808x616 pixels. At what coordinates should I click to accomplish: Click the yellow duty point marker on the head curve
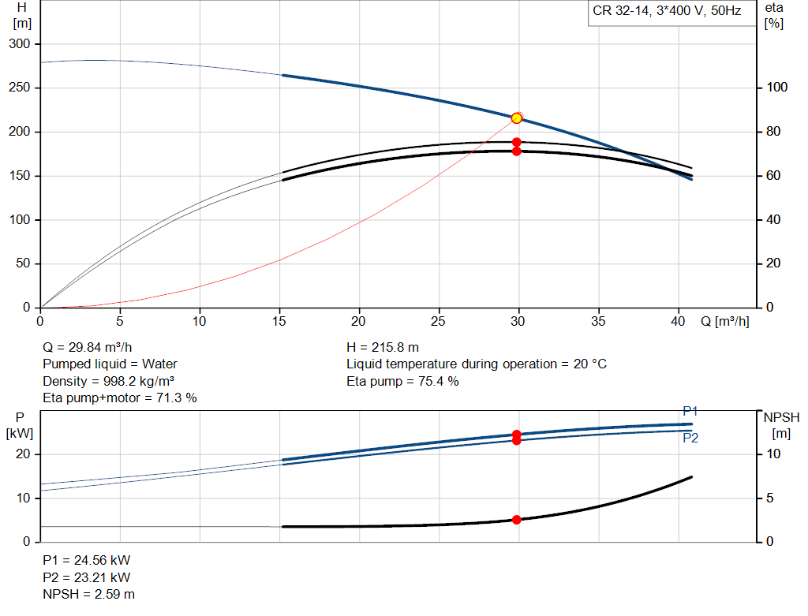(x=516, y=118)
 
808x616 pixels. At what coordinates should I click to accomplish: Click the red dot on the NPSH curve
(x=516, y=520)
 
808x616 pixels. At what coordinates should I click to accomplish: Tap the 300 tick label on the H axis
(x=20, y=44)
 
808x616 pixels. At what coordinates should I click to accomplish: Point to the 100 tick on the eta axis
(x=776, y=87)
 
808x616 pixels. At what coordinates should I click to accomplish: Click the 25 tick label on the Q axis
(x=438, y=321)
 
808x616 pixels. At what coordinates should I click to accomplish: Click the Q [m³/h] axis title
(x=724, y=321)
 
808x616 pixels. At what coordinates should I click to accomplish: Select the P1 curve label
(x=690, y=411)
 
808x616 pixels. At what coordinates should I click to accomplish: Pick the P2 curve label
(x=690, y=438)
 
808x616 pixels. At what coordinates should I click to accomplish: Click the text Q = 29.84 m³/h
(x=87, y=347)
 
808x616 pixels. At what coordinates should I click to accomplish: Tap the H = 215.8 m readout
(x=383, y=347)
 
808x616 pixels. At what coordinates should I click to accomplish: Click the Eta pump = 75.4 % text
(x=402, y=381)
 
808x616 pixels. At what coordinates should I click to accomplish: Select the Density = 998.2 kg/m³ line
(x=108, y=381)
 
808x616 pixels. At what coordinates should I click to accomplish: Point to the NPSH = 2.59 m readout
(x=88, y=594)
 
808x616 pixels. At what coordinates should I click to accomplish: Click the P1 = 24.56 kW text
(x=87, y=560)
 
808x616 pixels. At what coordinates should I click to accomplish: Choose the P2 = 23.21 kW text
(x=87, y=577)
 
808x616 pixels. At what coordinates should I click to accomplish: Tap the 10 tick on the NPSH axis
(x=773, y=454)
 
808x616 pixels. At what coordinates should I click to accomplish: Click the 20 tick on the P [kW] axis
(x=23, y=454)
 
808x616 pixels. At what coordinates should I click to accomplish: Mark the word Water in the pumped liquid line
(x=159, y=364)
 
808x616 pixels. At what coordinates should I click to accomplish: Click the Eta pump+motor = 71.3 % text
(x=120, y=398)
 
